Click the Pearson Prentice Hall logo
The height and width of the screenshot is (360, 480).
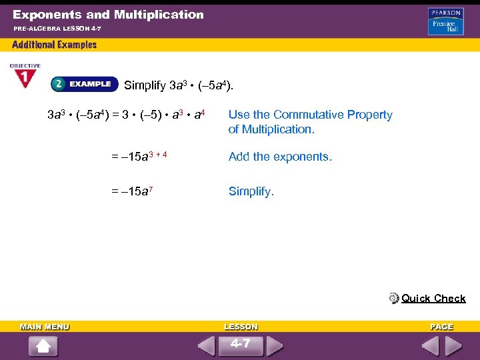[x=446, y=21]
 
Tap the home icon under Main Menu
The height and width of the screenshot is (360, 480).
[x=43, y=347]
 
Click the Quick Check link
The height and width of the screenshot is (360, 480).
[x=433, y=299]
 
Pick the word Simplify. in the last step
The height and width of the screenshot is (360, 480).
[x=251, y=191]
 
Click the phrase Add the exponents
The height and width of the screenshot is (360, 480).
[x=280, y=157]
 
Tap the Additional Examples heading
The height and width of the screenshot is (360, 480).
[x=55, y=45]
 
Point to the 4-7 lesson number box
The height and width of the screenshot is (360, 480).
[x=241, y=345]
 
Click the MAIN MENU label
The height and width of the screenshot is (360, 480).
[x=45, y=327]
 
